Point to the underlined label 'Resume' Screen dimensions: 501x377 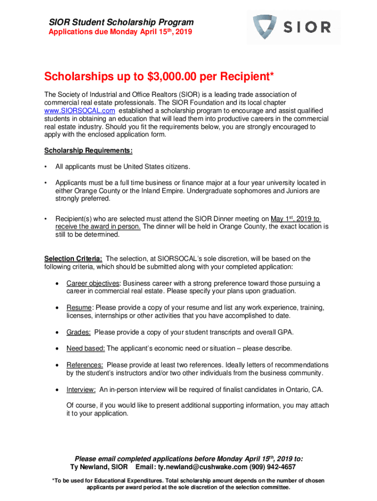[79, 307]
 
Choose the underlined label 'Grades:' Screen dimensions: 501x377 [78, 332]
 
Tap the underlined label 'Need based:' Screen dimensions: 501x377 [86, 348]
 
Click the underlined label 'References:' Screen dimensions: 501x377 [85, 365]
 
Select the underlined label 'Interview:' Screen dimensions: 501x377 [81, 389]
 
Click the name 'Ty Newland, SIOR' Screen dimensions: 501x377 [99, 467]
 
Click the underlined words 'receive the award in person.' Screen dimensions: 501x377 [98, 227]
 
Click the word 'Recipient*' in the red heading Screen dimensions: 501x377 [242, 77]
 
